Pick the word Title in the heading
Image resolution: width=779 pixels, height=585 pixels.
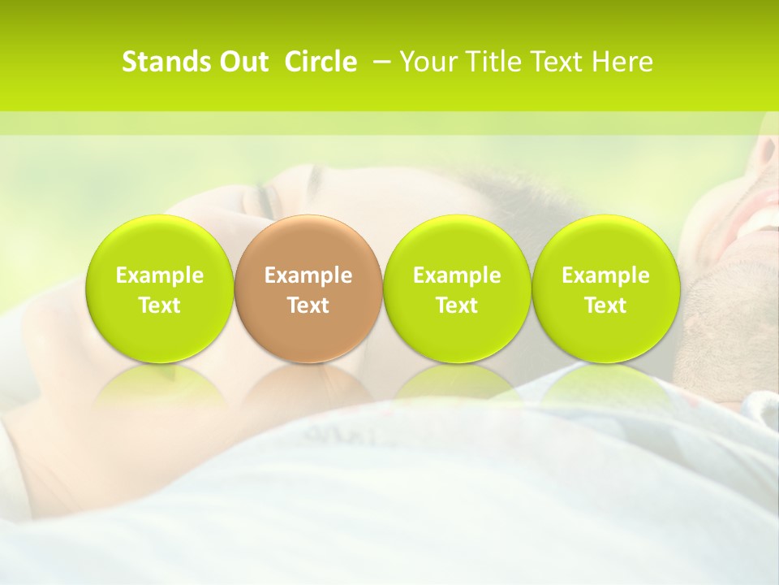click(x=485, y=62)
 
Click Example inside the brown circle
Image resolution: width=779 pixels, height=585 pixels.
click(x=308, y=275)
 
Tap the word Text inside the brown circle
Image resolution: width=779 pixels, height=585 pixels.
click(x=308, y=305)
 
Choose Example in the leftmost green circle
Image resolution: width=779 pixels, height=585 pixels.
click(x=160, y=275)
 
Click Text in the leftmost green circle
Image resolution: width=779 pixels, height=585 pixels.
click(x=160, y=305)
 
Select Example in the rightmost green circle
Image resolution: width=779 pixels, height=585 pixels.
click(x=605, y=275)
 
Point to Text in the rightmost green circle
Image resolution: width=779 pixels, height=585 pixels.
click(x=605, y=305)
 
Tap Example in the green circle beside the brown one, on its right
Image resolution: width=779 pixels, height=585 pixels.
click(x=457, y=275)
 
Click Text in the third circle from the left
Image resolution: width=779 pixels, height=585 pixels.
click(x=457, y=305)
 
